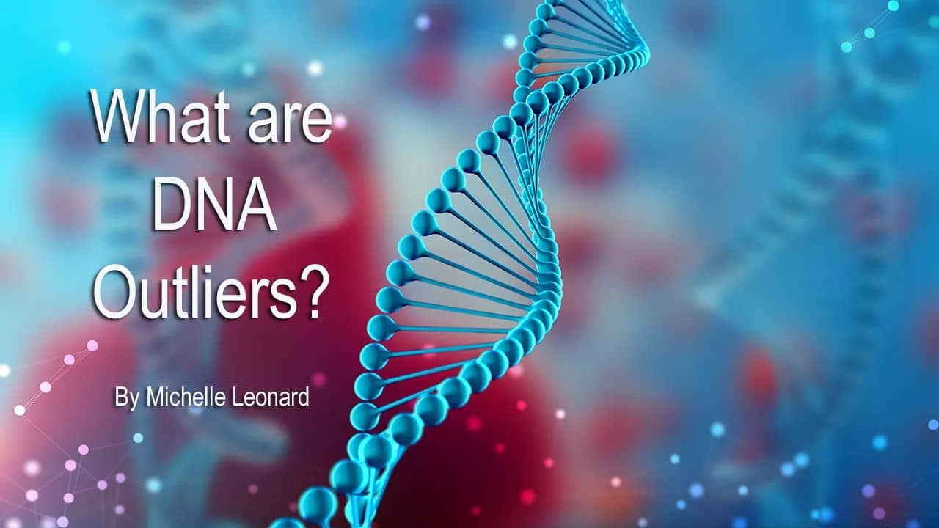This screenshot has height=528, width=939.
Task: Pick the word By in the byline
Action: pos(126,397)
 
